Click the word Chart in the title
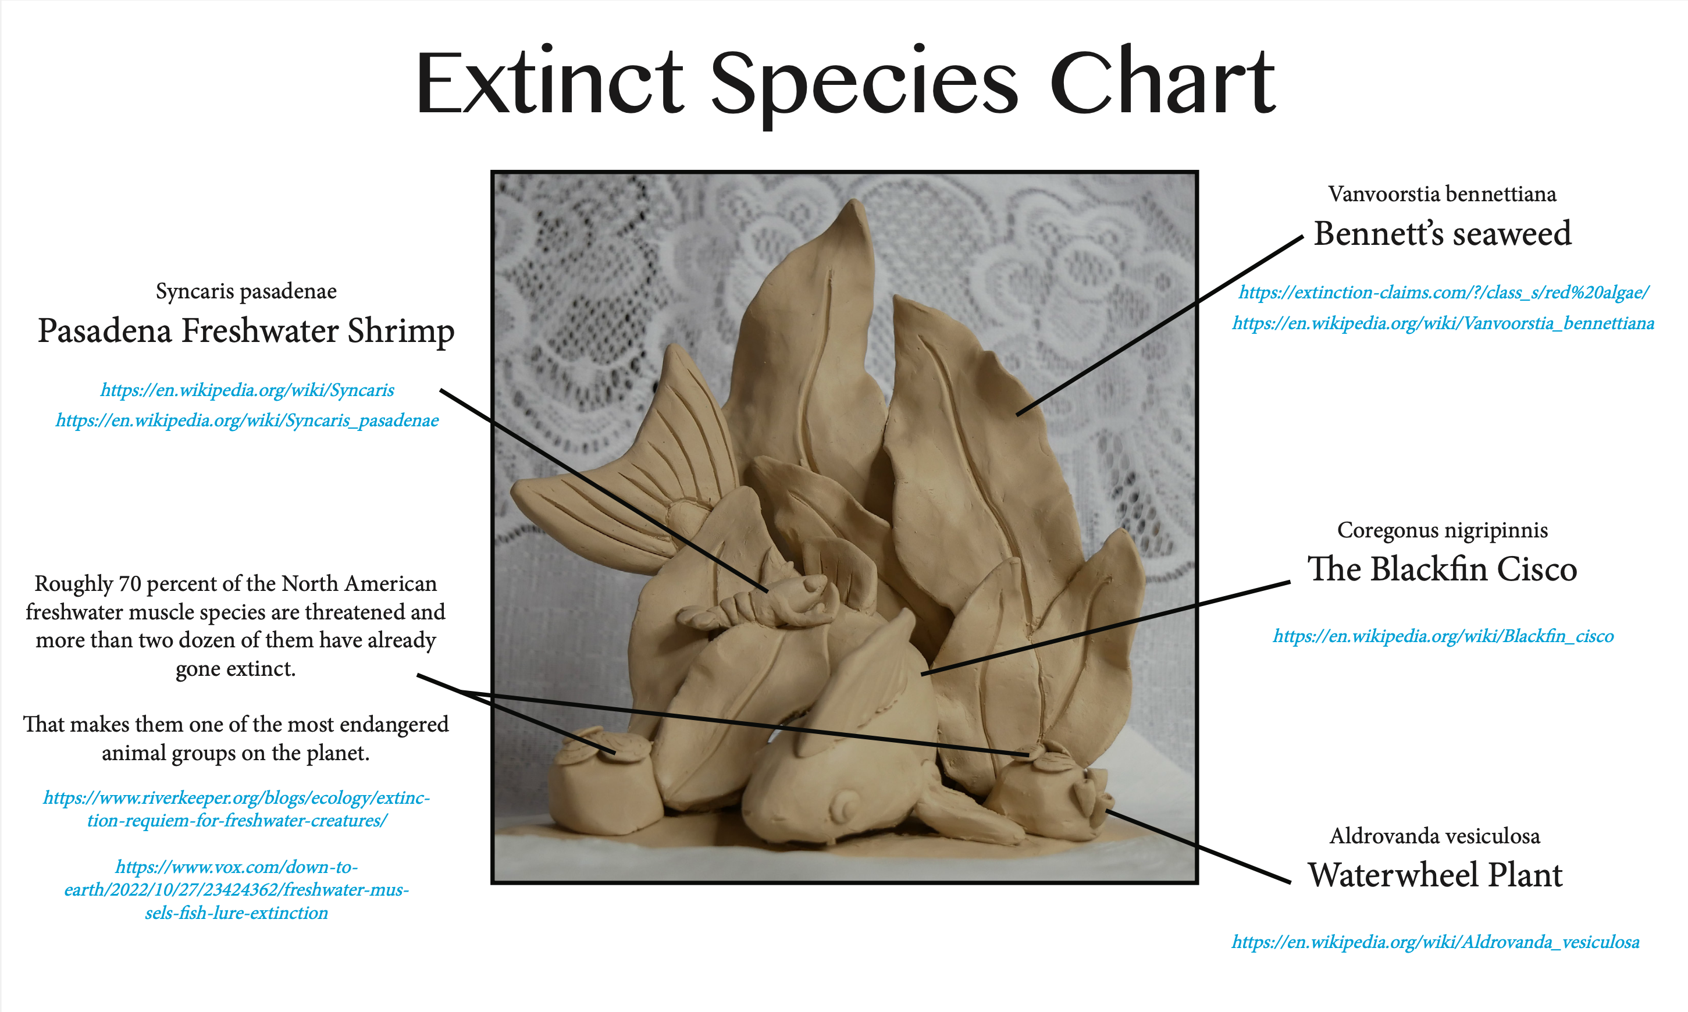point(1162,82)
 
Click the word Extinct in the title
point(550,82)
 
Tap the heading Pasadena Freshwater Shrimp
point(245,332)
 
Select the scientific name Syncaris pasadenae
point(246,291)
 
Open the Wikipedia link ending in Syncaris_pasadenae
point(247,421)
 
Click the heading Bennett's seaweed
point(1443,233)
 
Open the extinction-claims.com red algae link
point(1444,293)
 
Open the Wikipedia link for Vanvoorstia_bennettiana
point(1443,323)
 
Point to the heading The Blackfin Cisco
point(1442,569)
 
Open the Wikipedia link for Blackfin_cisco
point(1443,636)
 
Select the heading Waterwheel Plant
point(1435,875)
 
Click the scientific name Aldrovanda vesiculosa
point(1435,836)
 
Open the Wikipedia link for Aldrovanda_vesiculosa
point(1435,942)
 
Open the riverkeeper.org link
point(237,809)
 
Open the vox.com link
point(237,890)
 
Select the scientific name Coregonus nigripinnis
point(1443,530)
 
